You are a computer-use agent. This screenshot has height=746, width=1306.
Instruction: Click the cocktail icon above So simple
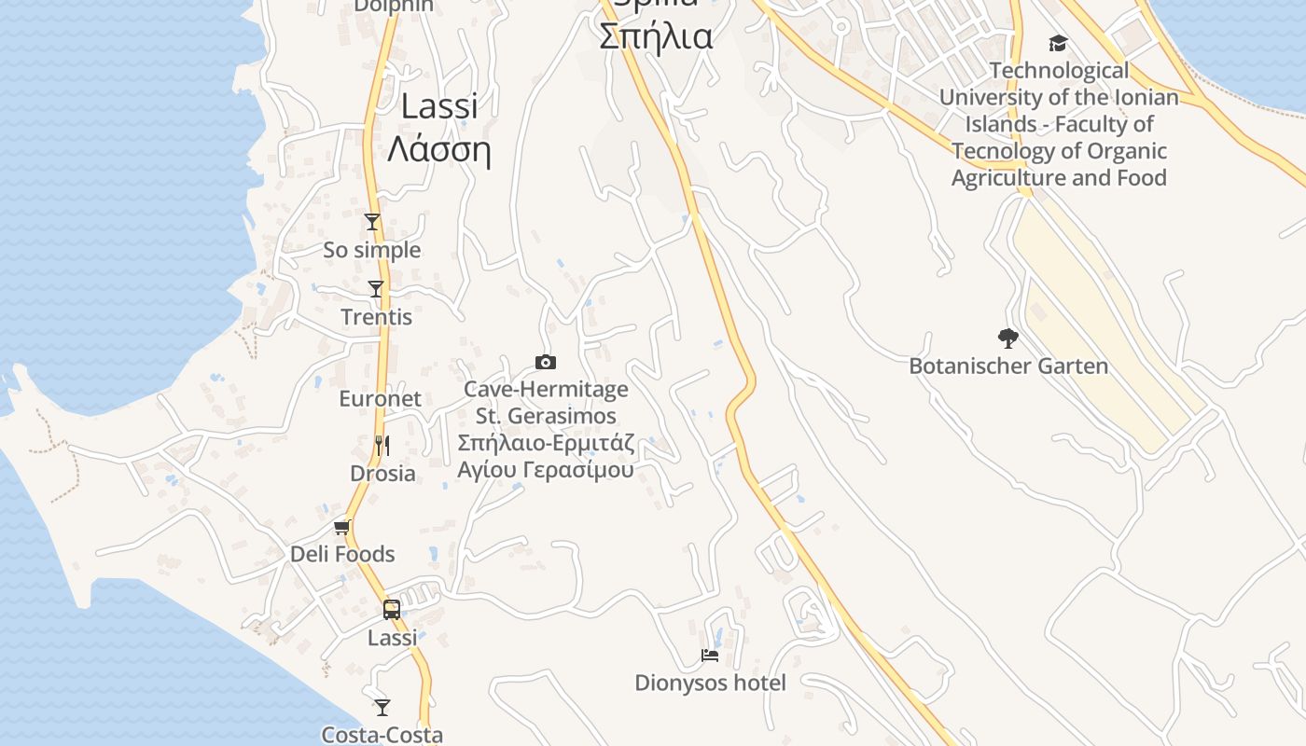[372, 222]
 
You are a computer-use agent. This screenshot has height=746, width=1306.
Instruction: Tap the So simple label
[371, 250]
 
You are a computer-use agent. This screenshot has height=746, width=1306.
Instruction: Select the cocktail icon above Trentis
[376, 289]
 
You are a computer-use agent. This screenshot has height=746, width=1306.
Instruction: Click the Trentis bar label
[376, 317]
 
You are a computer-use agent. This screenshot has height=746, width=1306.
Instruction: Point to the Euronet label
[380, 399]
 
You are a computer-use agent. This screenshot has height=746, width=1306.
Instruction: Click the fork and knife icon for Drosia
[382, 445]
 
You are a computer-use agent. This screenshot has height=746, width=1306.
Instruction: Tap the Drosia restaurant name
[382, 474]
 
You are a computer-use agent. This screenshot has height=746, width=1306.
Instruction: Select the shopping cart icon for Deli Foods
[342, 527]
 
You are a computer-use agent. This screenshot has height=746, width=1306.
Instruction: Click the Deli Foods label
[342, 554]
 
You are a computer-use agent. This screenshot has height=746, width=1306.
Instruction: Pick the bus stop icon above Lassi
[392, 610]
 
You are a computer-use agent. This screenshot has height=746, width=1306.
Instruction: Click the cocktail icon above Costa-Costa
[382, 707]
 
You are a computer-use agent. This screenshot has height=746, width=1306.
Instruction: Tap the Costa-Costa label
[382, 735]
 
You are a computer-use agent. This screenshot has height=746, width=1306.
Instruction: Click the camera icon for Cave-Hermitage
[546, 362]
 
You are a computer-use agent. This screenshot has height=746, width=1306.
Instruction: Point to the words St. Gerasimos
[546, 416]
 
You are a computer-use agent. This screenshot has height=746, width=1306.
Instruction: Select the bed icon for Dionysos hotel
[710, 656]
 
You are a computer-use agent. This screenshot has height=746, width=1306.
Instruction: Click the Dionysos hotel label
[710, 684]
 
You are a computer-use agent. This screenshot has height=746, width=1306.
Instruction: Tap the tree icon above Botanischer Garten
[1007, 338]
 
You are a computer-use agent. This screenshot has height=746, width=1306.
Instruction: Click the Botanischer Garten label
[1008, 366]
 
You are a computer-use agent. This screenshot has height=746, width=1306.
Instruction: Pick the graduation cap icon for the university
[1058, 43]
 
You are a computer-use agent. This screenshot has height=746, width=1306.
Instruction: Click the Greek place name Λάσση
[438, 149]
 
